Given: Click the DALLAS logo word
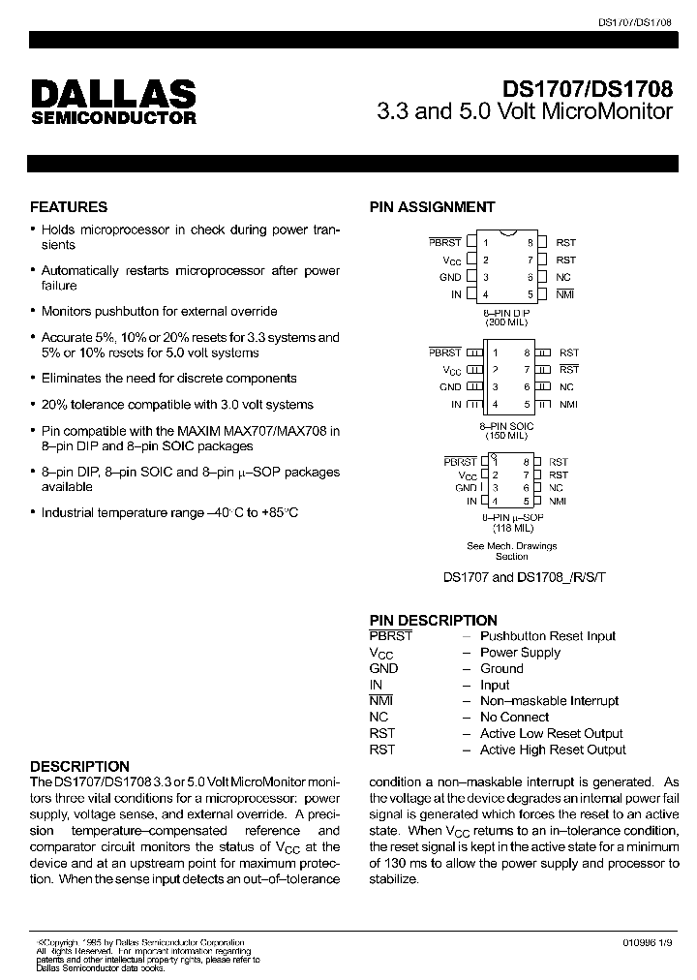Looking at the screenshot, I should pos(113,93).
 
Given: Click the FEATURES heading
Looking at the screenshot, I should pos(69,207).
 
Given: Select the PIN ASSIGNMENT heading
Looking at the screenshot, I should pos(432,207).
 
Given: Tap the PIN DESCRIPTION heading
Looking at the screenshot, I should pos(433,620).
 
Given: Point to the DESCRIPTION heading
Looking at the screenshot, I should pos(79,766).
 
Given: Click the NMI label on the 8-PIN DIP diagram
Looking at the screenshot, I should pos(564,294).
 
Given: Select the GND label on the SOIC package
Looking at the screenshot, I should pos(450,387).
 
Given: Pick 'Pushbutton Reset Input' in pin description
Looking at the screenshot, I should pos(548,636).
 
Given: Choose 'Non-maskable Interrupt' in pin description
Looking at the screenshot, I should pos(549,701).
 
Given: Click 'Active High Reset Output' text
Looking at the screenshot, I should pos(553,750).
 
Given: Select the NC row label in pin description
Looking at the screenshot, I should pos(379,718).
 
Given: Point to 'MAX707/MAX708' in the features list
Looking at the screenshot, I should pos(277,431).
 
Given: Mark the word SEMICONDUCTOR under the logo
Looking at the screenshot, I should pos(113,118).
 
